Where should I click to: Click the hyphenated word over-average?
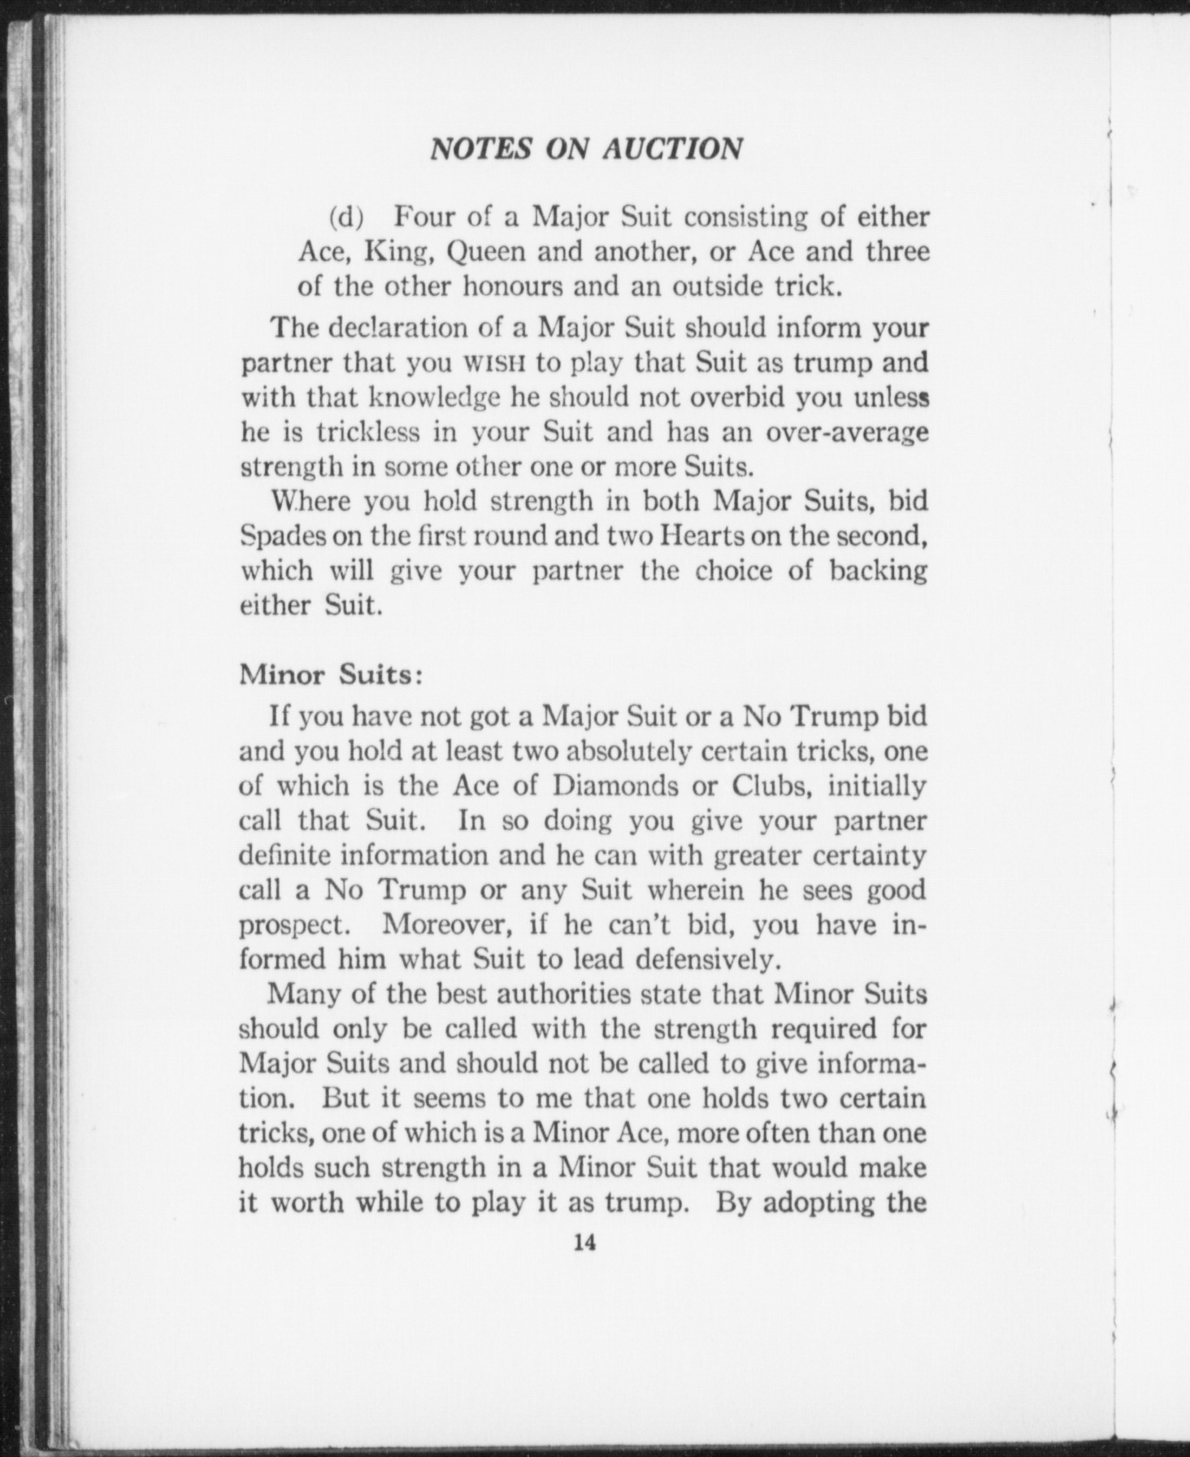(848, 432)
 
